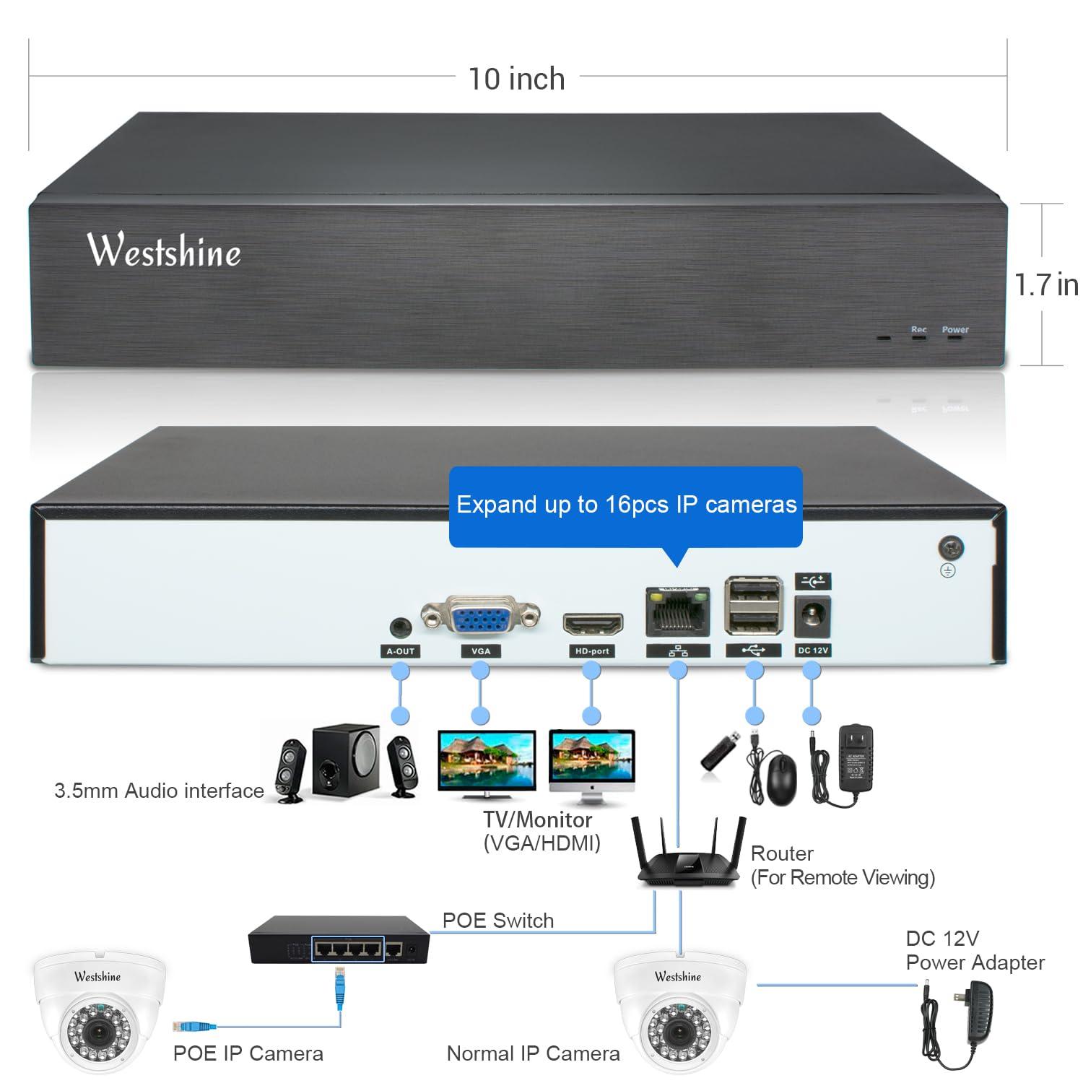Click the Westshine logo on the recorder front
(164, 251)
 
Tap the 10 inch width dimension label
(516, 79)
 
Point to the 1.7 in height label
(1046, 284)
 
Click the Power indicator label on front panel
(954, 330)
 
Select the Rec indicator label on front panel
(918, 330)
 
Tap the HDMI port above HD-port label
(592, 622)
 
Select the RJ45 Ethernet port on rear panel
(677, 612)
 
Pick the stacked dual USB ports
(754, 606)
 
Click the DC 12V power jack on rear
(813, 617)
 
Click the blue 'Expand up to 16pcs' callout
(626, 505)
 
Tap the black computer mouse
(781, 778)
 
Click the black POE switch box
(338, 941)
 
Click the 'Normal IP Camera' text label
(533, 1053)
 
